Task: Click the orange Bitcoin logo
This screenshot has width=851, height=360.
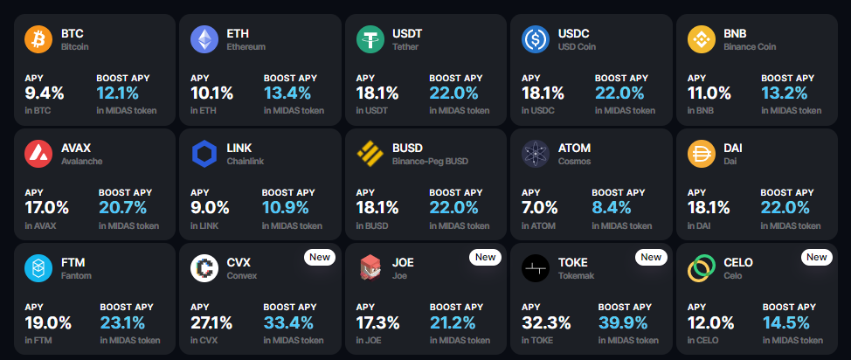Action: pos(38,39)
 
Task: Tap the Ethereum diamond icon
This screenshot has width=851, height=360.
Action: pos(204,39)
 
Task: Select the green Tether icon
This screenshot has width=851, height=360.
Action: pos(370,39)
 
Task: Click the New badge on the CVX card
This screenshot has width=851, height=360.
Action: pos(319,257)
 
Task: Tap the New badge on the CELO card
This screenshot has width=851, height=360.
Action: pos(816,257)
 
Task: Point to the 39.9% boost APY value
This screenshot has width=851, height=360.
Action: pos(623,323)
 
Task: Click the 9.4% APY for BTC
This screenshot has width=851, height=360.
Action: pos(45,93)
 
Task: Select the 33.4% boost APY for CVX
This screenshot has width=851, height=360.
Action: pos(288,323)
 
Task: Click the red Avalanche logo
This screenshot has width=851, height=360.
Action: pos(38,154)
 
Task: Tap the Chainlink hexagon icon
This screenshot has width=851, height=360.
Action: pos(204,154)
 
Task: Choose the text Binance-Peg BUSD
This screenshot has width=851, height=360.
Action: pos(431,162)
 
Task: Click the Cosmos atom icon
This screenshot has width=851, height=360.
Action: pos(536,154)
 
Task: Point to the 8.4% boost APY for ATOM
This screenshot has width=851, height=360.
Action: pos(611,208)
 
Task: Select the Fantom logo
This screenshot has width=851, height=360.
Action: pos(38,269)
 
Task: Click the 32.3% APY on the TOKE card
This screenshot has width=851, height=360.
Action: pos(546,323)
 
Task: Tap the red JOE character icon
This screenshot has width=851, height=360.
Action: pos(370,269)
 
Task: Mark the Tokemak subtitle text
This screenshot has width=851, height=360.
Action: pos(576,276)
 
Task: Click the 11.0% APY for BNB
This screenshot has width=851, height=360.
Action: pos(709,93)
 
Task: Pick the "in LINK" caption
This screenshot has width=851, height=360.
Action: pos(204,226)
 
